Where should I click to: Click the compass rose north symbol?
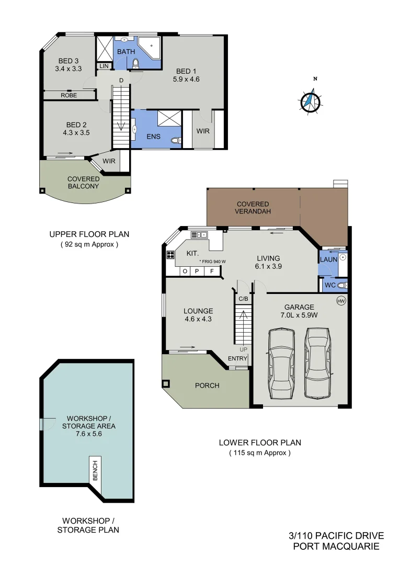point(310,100)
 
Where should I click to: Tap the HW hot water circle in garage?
point(341,301)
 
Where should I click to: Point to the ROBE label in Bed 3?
point(69,95)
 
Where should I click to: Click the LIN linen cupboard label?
point(104,66)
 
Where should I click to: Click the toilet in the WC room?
point(343,285)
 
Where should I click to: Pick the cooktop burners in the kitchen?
point(170,255)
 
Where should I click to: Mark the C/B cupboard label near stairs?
point(243,299)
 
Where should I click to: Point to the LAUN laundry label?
point(328,258)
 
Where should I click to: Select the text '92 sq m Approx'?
point(89,244)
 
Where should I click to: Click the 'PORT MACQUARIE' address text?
point(336,547)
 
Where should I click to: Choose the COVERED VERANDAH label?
point(253,208)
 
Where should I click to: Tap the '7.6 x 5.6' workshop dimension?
point(88,434)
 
